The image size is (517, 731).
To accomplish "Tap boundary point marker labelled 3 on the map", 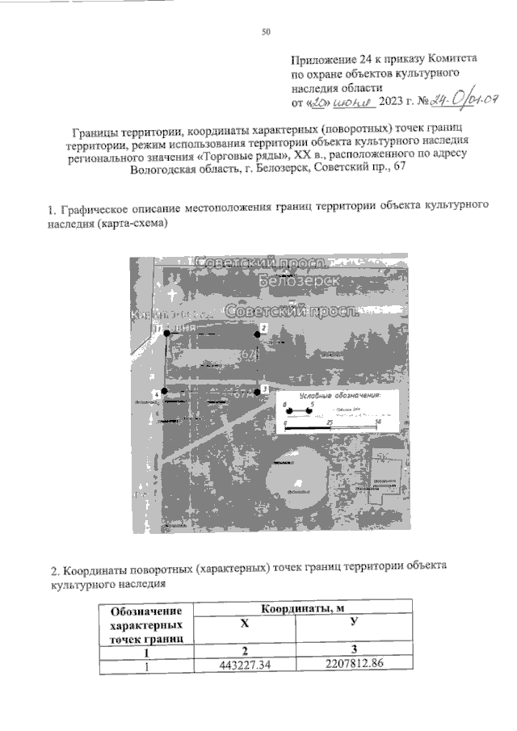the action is click(x=258, y=391).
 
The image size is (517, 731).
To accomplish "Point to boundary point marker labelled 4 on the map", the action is click(x=164, y=392).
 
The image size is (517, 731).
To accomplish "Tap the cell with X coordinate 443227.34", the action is click(x=245, y=666).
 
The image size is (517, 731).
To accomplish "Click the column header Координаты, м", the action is click(x=300, y=607).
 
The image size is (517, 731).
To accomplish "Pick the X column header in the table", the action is click(x=245, y=624).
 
